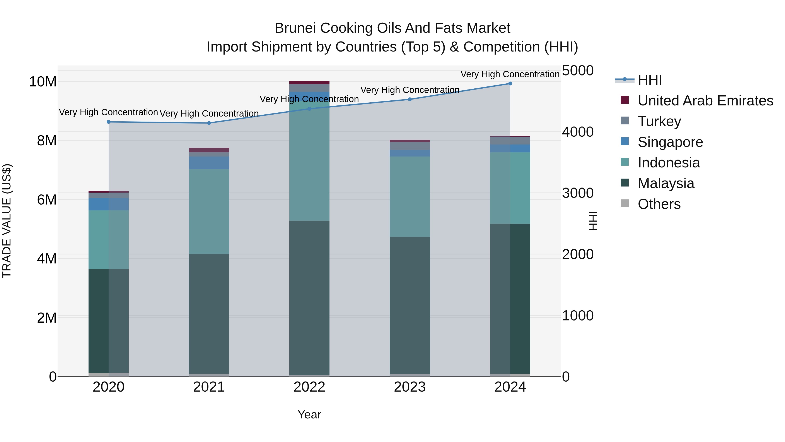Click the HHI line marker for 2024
(510, 84)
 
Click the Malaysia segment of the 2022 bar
(309, 298)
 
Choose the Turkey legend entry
(659, 121)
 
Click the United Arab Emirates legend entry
(705, 101)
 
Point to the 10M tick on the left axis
(43, 82)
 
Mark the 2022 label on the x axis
(309, 387)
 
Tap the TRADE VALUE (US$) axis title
(7, 221)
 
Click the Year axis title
(309, 414)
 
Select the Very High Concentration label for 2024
(510, 74)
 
